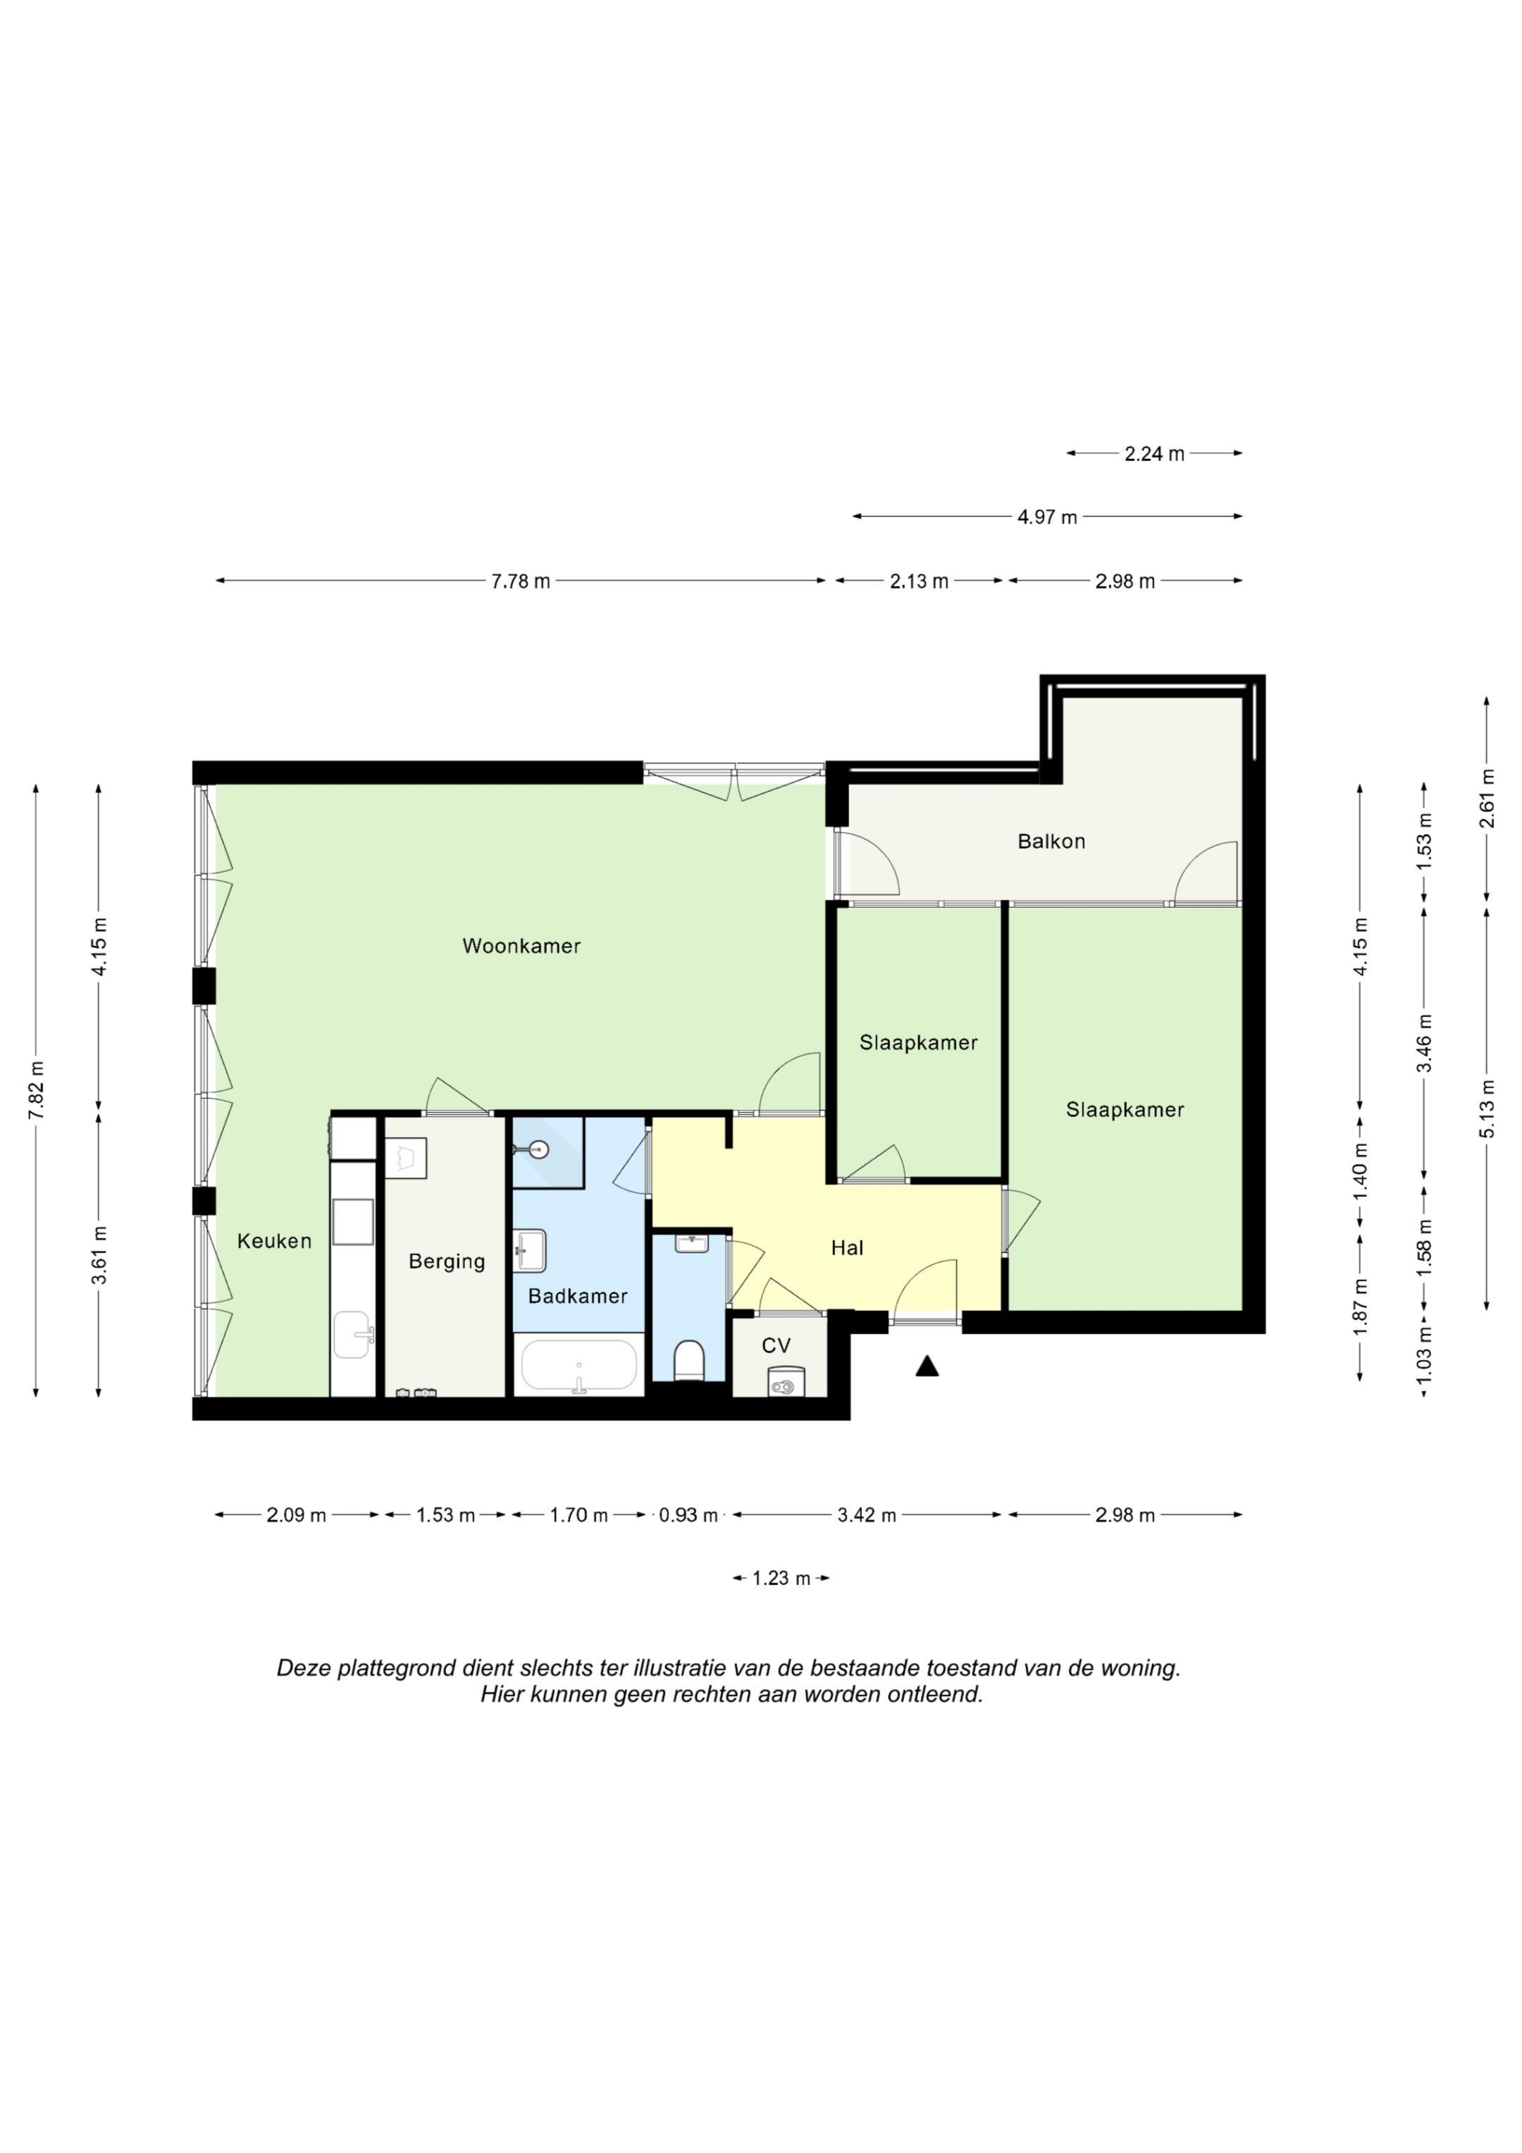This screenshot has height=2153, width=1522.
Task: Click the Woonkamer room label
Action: click(x=521, y=946)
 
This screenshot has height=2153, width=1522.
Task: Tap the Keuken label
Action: click(x=274, y=1242)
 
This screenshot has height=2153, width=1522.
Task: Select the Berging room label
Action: click(x=446, y=1262)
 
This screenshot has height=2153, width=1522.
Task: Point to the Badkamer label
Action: click(x=578, y=1296)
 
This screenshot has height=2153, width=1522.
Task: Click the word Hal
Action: click(x=847, y=1248)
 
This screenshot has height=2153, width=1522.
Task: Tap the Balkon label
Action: click(x=1051, y=841)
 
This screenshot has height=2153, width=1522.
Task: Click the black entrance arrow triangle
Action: click(x=927, y=1367)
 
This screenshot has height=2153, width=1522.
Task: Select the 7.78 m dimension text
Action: click(x=521, y=581)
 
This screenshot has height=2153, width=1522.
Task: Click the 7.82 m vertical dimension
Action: click(x=37, y=1090)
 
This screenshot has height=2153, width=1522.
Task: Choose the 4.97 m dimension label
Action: click(x=1048, y=517)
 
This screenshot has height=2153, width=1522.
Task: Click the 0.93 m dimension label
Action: click(x=688, y=1515)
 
